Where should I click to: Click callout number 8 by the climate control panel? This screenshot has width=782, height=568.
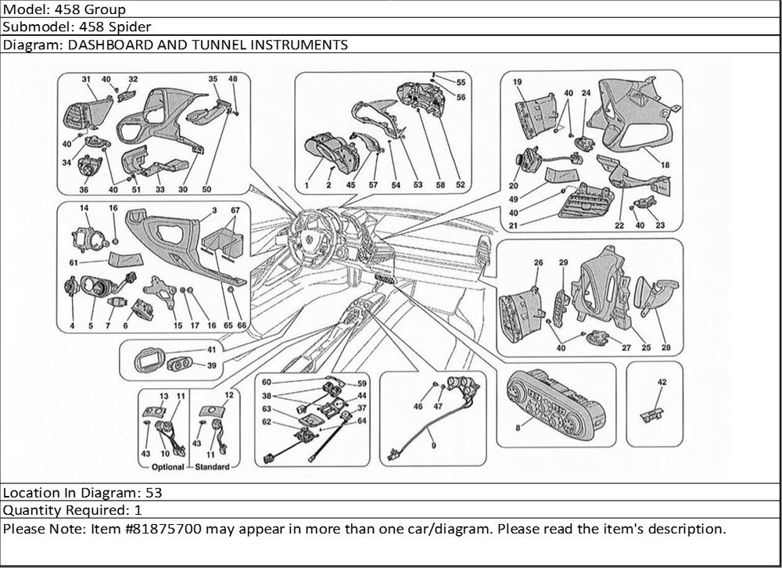pos(518,428)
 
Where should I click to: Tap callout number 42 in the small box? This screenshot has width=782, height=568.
pos(662,383)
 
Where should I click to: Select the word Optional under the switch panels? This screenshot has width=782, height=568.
pos(167,467)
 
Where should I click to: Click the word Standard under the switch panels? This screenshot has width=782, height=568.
pos(212,467)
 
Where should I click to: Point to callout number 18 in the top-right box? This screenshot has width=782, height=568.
pos(665,165)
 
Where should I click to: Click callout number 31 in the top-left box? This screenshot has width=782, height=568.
pos(86,79)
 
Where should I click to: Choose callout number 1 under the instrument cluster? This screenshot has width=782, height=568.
pos(307,185)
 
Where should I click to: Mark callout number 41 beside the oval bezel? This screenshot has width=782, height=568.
pos(212,350)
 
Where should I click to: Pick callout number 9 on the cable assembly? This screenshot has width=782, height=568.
pos(433,446)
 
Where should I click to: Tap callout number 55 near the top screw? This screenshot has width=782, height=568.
pos(461,82)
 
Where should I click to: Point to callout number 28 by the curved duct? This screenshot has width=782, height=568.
pos(666,348)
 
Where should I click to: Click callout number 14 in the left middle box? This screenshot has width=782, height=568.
pos(84,208)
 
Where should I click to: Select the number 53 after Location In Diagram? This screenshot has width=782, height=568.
pos(154,493)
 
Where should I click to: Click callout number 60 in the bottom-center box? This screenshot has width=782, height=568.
pos(267,383)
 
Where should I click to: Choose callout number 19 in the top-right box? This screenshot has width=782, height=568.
pos(517,82)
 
